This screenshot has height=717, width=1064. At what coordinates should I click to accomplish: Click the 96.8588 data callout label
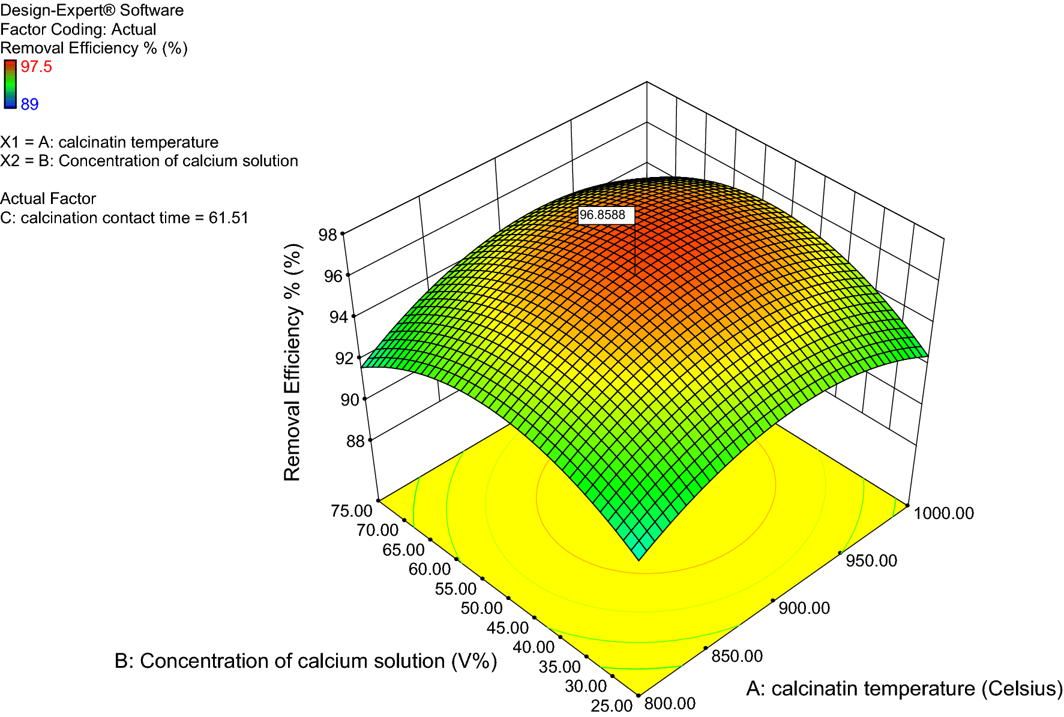[606, 215]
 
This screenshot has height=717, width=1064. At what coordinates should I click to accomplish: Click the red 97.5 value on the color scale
[37, 67]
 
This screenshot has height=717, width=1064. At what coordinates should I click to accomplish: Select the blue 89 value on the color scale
[29, 104]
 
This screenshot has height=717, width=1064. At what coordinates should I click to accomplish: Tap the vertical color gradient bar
[10, 84]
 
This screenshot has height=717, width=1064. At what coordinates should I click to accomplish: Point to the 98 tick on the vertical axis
[328, 235]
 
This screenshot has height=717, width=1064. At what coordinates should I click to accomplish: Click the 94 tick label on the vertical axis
[339, 317]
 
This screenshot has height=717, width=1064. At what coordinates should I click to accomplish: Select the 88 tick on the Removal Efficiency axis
[355, 442]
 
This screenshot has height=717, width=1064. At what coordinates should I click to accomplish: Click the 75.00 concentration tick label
[351, 511]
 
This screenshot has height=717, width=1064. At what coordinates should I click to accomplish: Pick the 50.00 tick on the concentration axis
[481, 608]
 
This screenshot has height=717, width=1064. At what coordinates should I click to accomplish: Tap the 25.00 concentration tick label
[612, 706]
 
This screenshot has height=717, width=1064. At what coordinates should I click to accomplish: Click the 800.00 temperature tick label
[670, 703]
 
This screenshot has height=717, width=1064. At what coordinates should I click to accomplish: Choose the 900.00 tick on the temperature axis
[804, 608]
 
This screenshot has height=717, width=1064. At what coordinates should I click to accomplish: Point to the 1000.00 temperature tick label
[943, 513]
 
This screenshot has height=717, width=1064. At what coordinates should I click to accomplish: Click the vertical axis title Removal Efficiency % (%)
[292, 362]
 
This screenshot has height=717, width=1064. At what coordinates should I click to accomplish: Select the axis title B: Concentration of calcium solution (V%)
[305, 661]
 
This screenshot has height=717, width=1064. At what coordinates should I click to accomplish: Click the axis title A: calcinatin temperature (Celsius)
[904, 688]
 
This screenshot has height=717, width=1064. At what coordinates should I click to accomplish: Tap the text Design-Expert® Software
[92, 10]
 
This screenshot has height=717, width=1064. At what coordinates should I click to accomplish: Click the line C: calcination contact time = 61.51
[124, 218]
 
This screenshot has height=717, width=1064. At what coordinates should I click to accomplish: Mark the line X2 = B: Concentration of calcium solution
[149, 161]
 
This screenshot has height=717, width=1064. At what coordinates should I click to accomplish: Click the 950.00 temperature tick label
[871, 560]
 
